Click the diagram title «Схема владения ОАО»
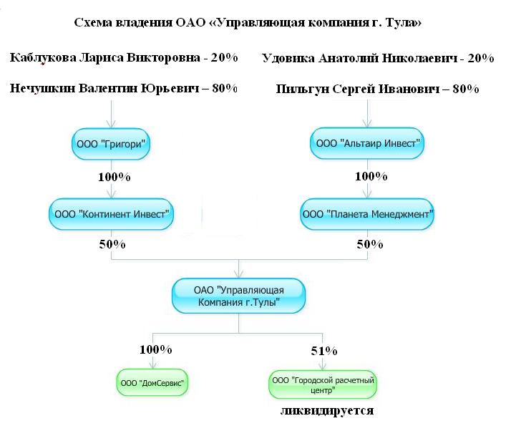248,23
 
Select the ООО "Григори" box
111,143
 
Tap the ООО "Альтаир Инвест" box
368,143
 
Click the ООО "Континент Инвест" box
112,213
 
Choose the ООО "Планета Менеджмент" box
368,213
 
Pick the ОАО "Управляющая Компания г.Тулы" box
238,296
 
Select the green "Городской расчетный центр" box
323,384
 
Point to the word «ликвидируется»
327,412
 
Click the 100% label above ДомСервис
155,350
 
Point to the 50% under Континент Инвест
112,244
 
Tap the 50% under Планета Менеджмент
370,244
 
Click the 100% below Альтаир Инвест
371,175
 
